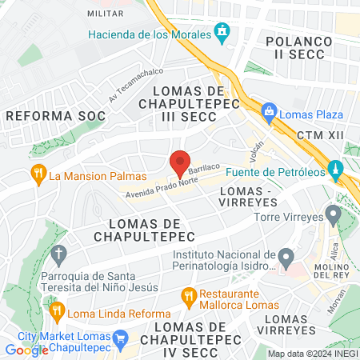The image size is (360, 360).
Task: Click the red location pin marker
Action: click(180, 163)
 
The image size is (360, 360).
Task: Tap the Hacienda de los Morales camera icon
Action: click(222, 34)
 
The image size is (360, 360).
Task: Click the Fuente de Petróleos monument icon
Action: click(336, 170)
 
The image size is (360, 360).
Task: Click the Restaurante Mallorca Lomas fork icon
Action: click(189, 297)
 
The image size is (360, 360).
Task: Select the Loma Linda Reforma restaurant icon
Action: click(56, 310)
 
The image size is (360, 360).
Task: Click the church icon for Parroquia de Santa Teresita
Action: click(57, 255)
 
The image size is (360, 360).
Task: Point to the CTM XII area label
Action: click(319, 136)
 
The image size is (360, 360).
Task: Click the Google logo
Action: click(27, 350)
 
